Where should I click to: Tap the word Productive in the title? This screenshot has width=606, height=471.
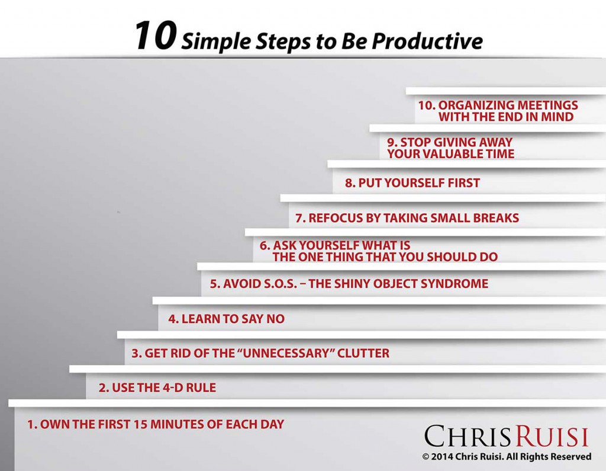[427, 41]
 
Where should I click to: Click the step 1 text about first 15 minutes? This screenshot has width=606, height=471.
[156, 424]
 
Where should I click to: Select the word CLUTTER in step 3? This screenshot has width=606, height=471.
[363, 353]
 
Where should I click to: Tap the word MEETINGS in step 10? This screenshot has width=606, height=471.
[547, 105]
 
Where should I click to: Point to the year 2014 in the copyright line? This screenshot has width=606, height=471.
[442, 457]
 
